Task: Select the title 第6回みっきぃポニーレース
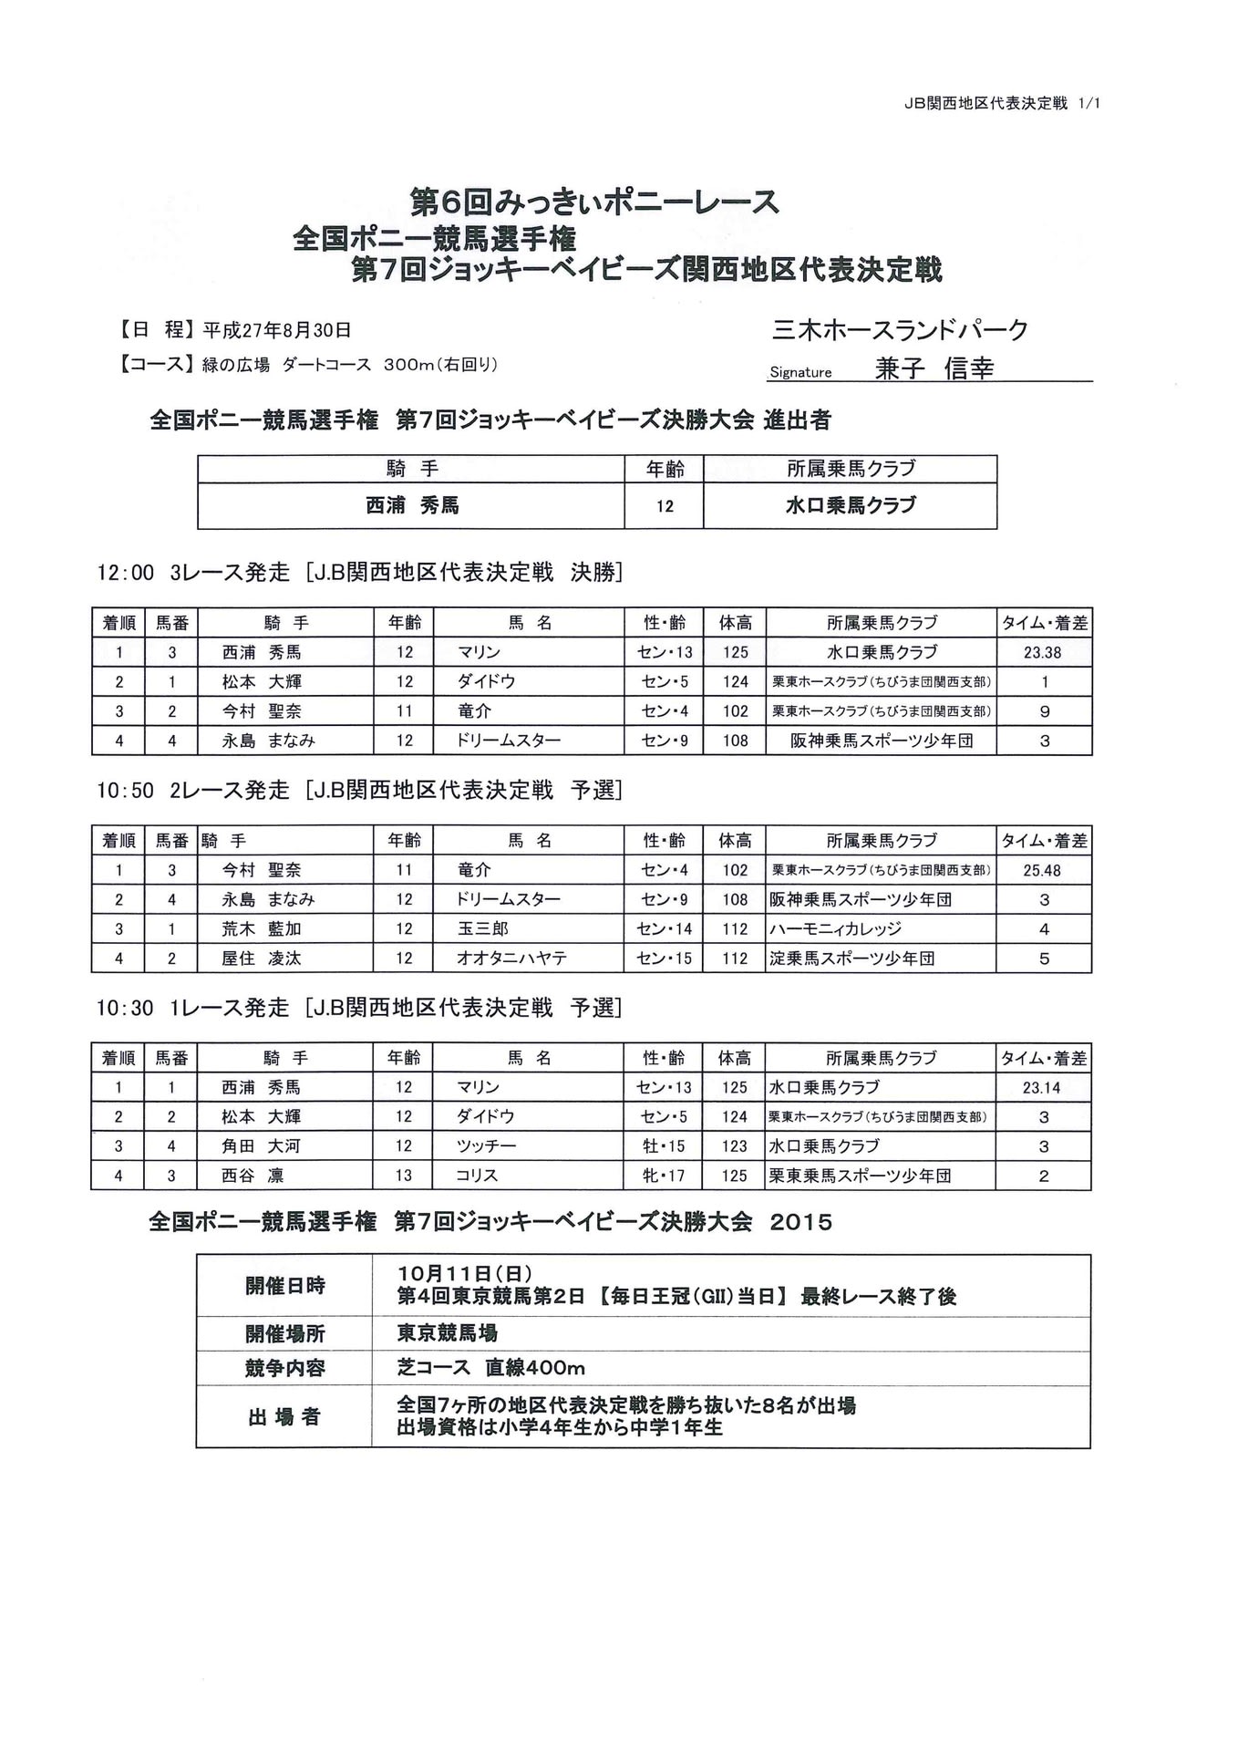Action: pyautogui.click(x=594, y=202)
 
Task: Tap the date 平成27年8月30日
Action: pyautogui.click(x=276, y=330)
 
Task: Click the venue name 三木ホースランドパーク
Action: pyautogui.click(x=900, y=330)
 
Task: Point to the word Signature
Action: pyautogui.click(x=800, y=372)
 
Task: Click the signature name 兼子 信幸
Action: pyautogui.click(x=934, y=368)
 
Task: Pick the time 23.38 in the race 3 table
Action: pyautogui.click(x=1043, y=653)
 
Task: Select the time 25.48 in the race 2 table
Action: pyautogui.click(x=1042, y=871)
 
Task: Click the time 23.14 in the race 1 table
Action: pyautogui.click(x=1042, y=1088)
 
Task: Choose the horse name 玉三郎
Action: pyautogui.click(x=482, y=929)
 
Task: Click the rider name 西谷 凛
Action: pyautogui.click(x=253, y=1176)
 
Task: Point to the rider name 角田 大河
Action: pyautogui.click(x=261, y=1146)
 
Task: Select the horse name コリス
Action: pyautogui.click(x=477, y=1176)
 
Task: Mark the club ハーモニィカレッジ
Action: pyautogui.click(x=835, y=929)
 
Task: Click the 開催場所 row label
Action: pyautogui.click(x=284, y=1334)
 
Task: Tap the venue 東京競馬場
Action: pyautogui.click(x=447, y=1333)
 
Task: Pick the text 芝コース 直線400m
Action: pyautogui.click(x=490, y=1368)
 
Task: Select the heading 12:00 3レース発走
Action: pyautogui.click(x=193, y=573)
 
